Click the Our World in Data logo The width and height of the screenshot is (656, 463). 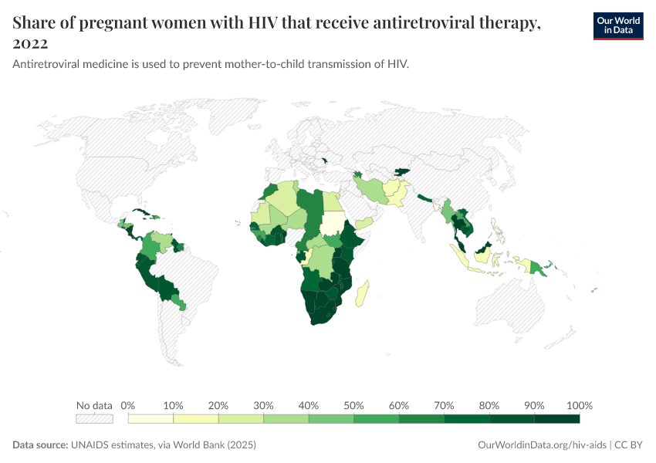point(617,26)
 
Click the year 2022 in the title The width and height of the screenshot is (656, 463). point(30,43)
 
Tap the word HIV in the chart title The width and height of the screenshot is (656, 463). point(259,23)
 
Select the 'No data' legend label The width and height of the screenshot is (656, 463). point(94,406)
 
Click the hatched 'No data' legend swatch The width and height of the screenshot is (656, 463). point(94,419)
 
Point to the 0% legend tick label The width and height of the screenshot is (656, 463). point(129,406)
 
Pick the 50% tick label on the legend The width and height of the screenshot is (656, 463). point(353,406)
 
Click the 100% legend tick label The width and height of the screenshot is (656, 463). point(579,406)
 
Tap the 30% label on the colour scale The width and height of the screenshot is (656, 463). point(263,406)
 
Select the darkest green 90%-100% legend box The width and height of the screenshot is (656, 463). point(556,419)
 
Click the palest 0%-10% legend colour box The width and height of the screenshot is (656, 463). point(151,419)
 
